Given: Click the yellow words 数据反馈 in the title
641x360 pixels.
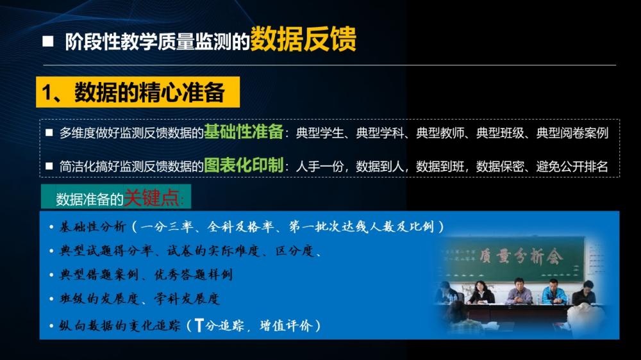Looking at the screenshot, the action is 303,39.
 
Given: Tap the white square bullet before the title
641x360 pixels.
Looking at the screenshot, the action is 48,41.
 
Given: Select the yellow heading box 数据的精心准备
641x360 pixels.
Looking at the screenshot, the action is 138,92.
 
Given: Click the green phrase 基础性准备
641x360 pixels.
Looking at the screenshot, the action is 244,131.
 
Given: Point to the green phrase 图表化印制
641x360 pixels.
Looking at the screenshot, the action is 244,165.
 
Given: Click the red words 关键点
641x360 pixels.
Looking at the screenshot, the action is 151,198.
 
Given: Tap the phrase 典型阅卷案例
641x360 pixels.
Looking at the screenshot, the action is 572,133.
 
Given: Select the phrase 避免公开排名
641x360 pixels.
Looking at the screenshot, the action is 572,167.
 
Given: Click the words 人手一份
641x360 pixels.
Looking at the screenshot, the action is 320,167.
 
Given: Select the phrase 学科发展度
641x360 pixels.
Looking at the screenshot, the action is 187,299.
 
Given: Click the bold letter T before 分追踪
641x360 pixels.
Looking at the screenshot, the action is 199,325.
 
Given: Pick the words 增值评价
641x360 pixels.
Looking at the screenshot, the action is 286,325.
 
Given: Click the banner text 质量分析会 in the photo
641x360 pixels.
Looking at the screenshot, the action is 520,257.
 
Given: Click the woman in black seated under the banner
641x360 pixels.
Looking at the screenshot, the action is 481,293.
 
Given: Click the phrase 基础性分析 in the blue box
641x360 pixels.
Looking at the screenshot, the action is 92,226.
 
